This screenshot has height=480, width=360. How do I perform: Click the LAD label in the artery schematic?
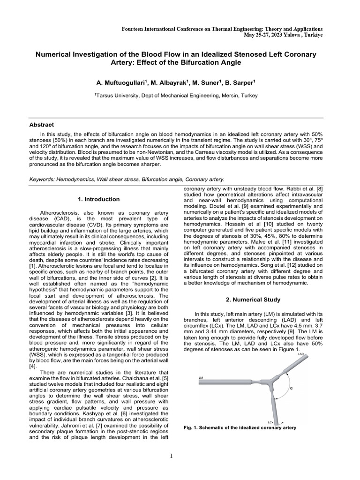(x=301, y=355)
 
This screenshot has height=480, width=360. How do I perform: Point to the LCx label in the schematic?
(x=270, y=422)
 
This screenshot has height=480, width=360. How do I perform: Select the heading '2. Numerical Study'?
(x=254, y=299)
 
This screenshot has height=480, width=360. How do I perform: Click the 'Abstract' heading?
(x=42, y=125)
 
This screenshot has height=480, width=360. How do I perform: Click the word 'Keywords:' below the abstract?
(x=44, y=179)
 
